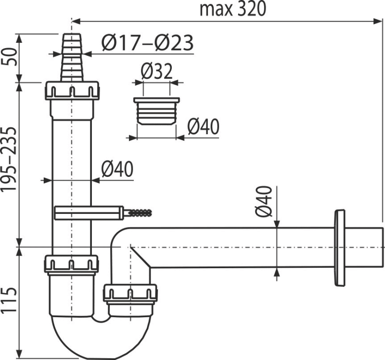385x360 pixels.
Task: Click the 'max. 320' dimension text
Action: pos(233,9)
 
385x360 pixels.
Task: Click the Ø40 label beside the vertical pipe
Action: pos(117,170)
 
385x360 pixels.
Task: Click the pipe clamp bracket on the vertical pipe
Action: pos(87,212)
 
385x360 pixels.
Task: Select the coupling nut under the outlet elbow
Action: pos(130,293)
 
